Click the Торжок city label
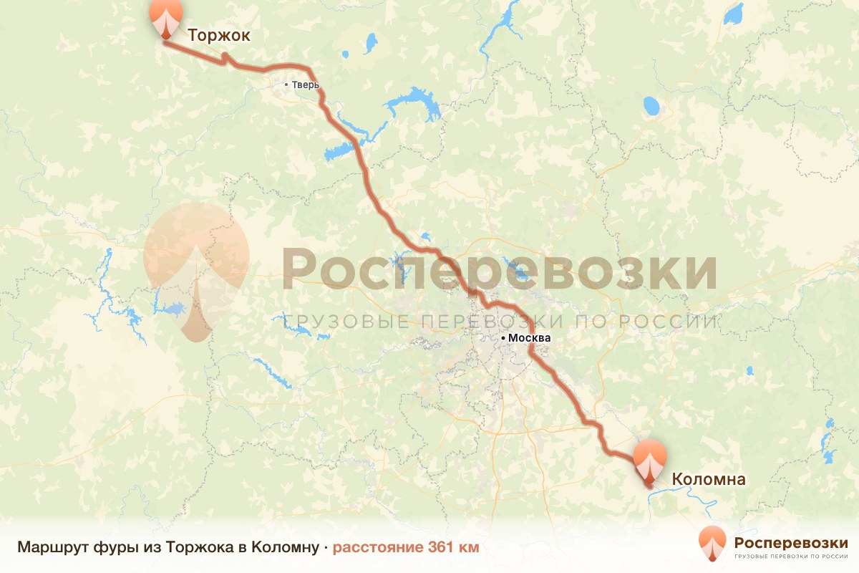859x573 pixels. coord(218,37)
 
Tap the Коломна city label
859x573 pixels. coord(708,479)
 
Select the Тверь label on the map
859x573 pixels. coord(305,85)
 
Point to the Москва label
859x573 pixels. coord(530,337)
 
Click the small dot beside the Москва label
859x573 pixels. coord(503,337)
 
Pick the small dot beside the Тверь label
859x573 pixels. coord(286,85)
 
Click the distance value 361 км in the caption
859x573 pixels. coord(453,548)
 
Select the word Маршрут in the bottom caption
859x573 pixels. coord(52,548)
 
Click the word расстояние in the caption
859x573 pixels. coord(378,548)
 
